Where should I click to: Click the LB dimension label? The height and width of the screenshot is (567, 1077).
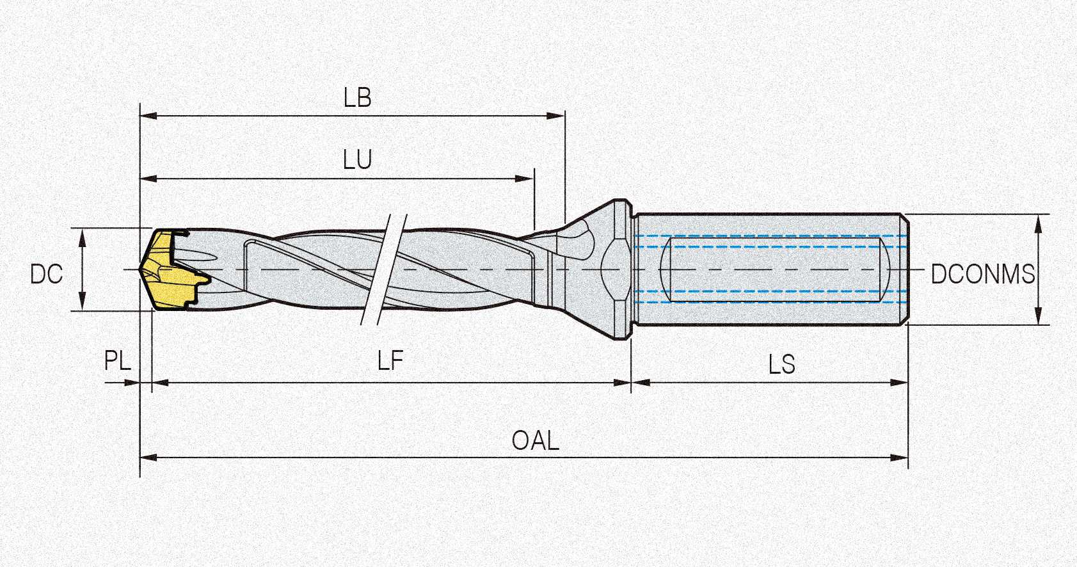(357, 98)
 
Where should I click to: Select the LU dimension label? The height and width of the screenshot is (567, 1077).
(357, 159)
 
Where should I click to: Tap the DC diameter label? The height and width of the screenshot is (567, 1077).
(46, 275)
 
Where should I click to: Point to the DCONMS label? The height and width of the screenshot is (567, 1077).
(982, 275)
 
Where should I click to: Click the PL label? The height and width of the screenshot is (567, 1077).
(118, 361)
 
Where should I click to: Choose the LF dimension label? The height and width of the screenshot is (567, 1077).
(390, 362)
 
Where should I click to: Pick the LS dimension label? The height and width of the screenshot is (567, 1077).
(781, 365)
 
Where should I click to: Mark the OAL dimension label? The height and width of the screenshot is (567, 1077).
(535, 441)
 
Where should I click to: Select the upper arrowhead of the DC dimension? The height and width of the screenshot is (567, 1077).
(83, 236)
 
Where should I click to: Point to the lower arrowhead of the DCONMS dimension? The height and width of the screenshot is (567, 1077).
(1038, 317)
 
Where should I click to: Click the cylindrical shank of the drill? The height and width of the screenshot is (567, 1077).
(768, 269)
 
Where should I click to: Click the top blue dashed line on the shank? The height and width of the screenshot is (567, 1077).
(768, 236)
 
